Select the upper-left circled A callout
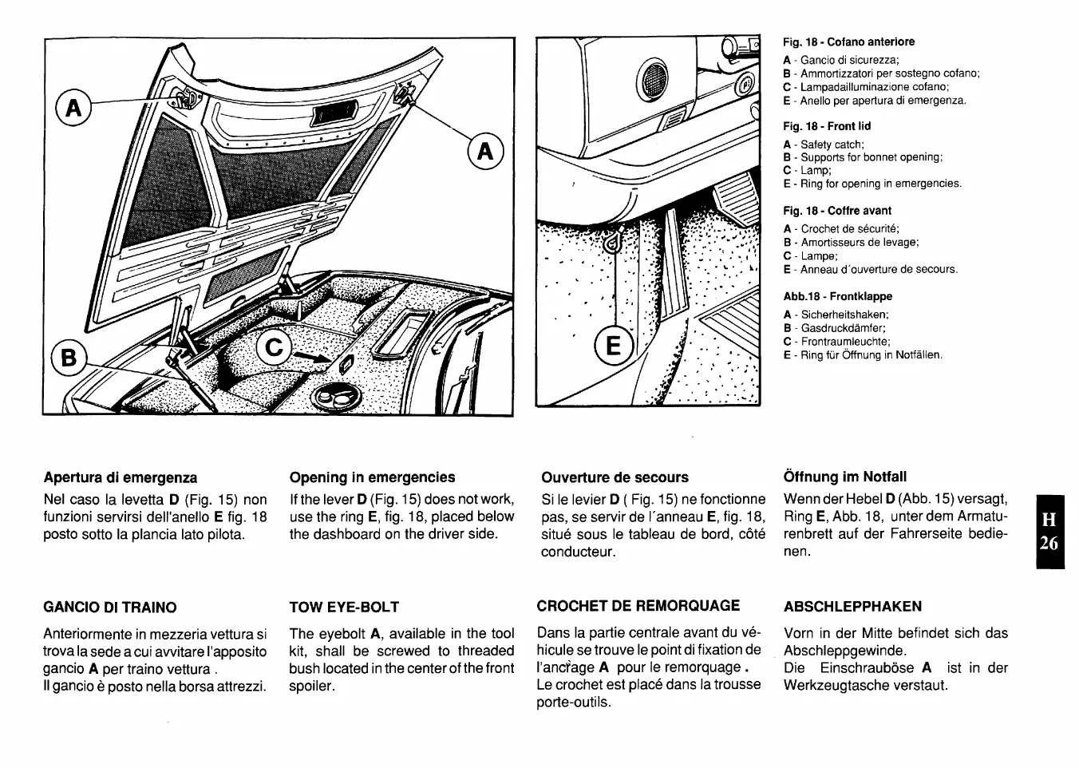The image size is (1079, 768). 73,108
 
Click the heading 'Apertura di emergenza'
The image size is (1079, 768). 120,477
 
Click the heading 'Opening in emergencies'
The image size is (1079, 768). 372,477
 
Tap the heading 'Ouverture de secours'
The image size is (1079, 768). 615,477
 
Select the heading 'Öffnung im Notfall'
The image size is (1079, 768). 845,477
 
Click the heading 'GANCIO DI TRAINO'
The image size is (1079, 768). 110,607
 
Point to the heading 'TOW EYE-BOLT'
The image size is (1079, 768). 344,607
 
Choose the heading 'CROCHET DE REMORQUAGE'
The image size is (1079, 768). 638,606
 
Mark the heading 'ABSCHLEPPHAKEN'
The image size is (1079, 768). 852,607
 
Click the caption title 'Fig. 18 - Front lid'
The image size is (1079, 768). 827,126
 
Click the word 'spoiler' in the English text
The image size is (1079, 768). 313,686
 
